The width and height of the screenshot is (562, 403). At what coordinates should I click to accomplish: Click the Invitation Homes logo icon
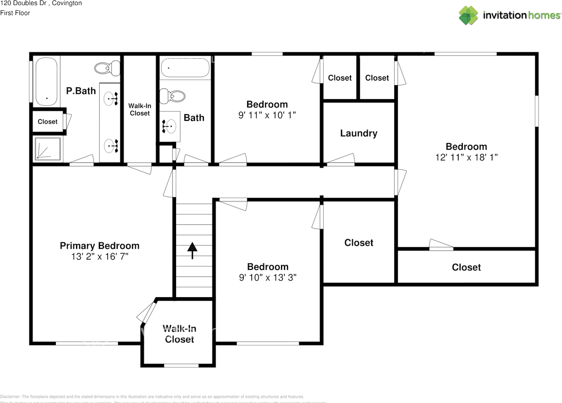tap(468, 15)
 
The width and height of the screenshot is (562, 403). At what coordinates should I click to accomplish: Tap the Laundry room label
tap(359, 133)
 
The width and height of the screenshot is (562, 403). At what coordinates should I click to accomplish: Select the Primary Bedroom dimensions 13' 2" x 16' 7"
tap(100, 257)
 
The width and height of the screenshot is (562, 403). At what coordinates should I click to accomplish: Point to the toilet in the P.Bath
tap(108, 68)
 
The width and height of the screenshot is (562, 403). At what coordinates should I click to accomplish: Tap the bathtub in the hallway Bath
tap(185, 68)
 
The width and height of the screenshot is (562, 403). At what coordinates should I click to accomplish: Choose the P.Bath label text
tap(81, 91)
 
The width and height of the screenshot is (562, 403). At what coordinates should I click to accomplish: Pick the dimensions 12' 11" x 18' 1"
tap(466, 157)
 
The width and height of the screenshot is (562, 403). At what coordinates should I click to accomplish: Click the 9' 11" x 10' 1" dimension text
tap(267, 115)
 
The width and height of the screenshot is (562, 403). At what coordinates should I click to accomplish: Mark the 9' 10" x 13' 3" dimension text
tap(267, 277)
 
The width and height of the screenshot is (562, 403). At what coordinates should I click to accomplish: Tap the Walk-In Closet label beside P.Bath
tap(140, 110)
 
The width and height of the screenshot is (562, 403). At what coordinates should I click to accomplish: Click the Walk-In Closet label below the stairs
tap(180, 334)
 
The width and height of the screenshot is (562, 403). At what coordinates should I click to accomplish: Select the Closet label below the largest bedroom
tap(466, 267)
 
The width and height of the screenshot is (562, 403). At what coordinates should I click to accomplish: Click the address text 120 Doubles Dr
tap(26, 4)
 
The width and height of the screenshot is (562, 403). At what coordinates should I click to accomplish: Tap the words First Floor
tap(15, 13)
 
